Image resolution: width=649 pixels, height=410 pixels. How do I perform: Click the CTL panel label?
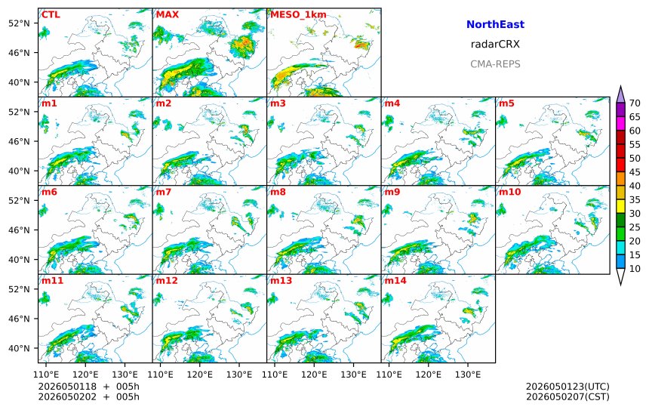pos(51,15)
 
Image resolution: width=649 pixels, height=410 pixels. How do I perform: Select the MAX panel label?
pos(168,15)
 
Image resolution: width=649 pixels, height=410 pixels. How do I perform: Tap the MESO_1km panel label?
pos(298,15)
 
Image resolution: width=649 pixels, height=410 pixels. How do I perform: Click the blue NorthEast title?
pos(495,24)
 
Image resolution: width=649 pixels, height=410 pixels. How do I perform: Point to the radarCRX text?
pos(495,45)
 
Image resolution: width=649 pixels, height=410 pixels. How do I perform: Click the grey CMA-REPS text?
pos(495,64)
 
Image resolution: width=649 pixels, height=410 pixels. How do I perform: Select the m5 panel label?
pos(506,103)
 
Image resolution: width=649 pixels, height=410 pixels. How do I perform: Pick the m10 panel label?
pos(509,192)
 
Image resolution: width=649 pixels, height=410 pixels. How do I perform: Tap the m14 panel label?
pos(395,281)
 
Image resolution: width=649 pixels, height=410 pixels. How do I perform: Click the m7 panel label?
pos(164,192)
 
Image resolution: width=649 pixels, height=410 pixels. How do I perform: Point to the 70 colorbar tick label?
pos(635,103)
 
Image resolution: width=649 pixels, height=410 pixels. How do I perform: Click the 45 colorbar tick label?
pos(635,172)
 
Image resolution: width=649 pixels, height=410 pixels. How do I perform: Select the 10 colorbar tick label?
pos(635,269)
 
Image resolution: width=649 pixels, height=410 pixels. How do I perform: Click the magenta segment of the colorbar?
pos(620,123)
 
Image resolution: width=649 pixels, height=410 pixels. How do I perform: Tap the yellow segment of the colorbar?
pos(620,206)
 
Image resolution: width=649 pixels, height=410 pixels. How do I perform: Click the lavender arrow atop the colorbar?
pos(620,94)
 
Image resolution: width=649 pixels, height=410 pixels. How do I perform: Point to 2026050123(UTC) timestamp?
pos(567,387)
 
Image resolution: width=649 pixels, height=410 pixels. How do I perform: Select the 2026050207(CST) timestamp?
pos(567,396)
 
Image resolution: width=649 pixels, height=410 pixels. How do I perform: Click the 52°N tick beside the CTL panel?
pos(19,23)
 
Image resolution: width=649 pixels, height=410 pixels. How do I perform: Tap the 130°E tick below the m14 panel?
pos(468,375)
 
